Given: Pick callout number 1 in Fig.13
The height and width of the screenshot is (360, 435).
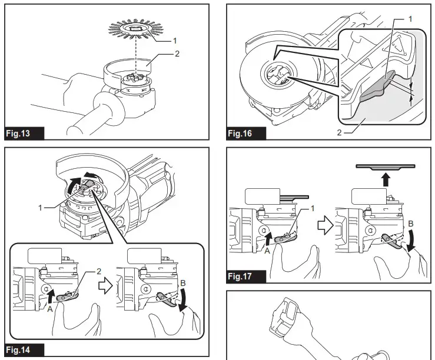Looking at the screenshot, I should [175, 40].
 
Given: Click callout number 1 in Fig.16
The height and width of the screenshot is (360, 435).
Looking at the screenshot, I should [410, 19].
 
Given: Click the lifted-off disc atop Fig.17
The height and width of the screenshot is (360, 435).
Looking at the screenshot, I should [385, 168].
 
